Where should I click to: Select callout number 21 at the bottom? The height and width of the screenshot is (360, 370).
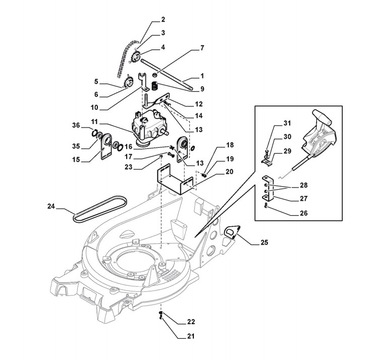pyautogui.click(x=177, y=335)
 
